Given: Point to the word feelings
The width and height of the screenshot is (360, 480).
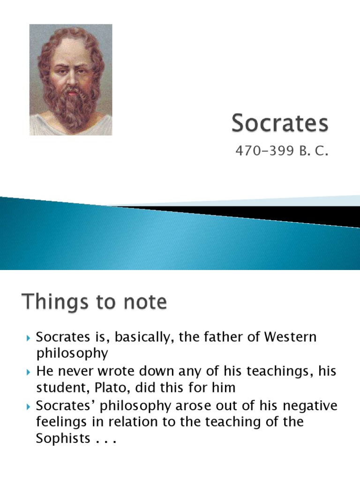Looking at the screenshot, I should click(x=60, y=422).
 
